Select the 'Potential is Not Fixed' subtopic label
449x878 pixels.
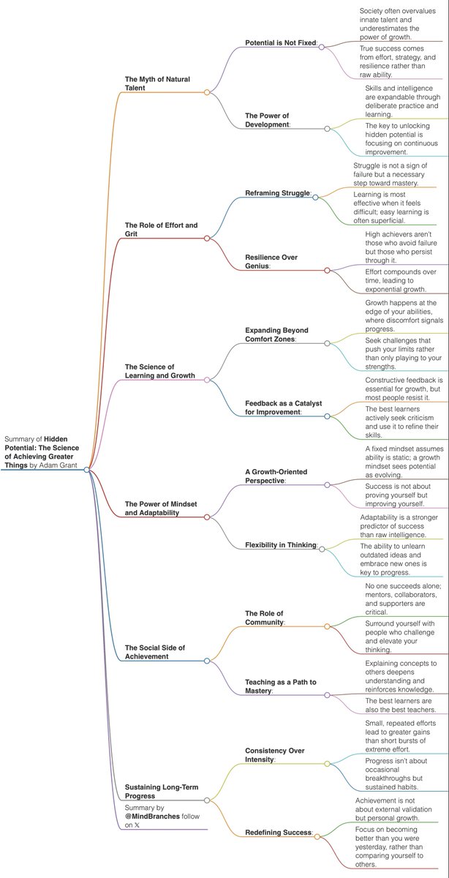click(x=280, y=43)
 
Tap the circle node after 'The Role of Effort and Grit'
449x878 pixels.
click(x=207, y=239)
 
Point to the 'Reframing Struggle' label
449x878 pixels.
click(x=278, y=193)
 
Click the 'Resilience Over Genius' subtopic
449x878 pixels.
click(x=271, y=262)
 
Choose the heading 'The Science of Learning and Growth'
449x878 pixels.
click(x=159, y=371)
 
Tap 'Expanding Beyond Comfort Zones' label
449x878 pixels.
click(x=281, y=334)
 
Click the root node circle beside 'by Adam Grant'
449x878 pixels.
click(x=87, y=470)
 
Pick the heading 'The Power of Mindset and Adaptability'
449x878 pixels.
click(x=159, y=508)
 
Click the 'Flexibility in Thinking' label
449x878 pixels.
click(x=281, y=545)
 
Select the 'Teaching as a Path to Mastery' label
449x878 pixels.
click(x=280, y=687)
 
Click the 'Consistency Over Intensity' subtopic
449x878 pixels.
click(x=274, y=755)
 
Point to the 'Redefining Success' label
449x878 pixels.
click(x=279, y=833)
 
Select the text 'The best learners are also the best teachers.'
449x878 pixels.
click(x=401, y=705)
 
